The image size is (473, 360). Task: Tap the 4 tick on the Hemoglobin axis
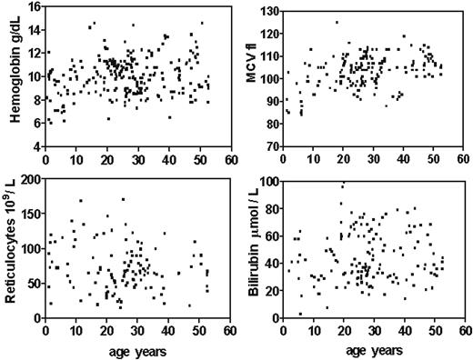pos(36,145)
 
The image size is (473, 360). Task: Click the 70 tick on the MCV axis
pos(274,145)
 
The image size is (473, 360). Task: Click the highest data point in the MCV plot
pos(337,23)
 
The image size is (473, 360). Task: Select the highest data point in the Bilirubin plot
pos(343,184)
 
